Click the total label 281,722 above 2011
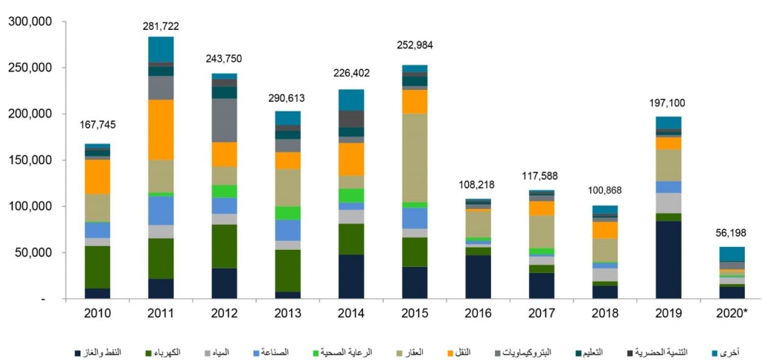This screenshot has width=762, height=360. click(161, 26)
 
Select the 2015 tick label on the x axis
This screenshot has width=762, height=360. click(415, 314)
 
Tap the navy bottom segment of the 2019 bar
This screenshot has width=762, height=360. click(668, 260)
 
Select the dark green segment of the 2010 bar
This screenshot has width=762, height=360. click(97, 266)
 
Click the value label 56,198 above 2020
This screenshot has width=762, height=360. click(731, 233)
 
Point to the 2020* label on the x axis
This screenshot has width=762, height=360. click(732, 314)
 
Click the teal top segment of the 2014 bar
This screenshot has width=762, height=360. click(351, 100)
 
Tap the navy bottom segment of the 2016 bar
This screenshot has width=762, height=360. click(478, 277)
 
